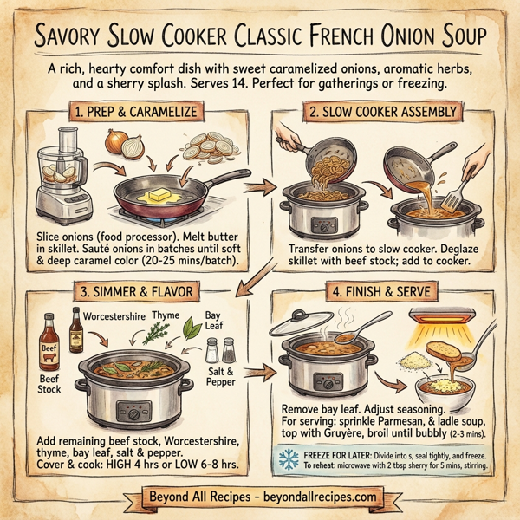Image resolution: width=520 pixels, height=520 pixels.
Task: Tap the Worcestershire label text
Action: (x=114, y=311)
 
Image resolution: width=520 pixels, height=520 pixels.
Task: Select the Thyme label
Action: (x=165, y=315)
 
